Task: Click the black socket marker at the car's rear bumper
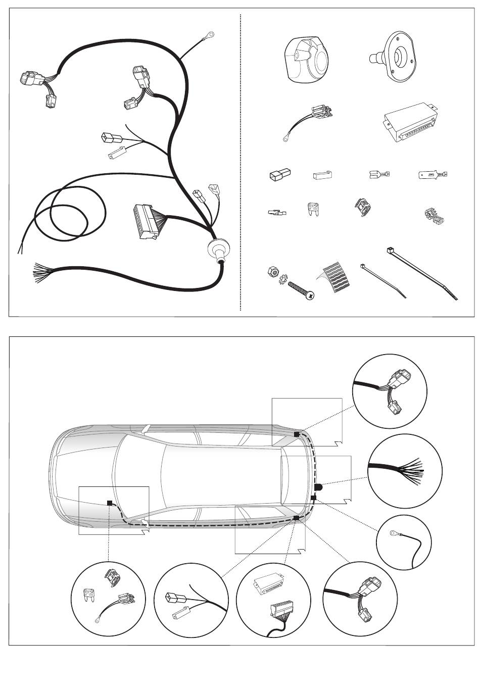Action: (x=319, y=487)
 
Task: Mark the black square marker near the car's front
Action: (x=109, y=503)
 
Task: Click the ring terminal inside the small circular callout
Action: (x=393, y=532)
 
